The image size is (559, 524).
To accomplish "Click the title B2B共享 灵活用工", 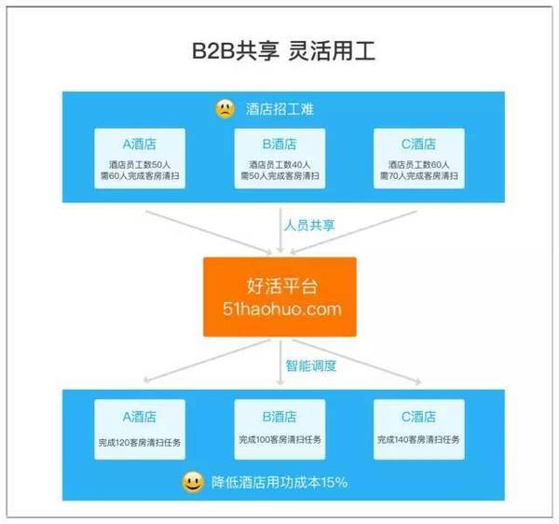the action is point(283,51).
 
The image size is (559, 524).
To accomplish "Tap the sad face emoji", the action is point(225,109).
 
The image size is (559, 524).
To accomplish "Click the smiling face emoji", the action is point(193,482).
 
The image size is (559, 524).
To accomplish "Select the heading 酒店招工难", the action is point(279,109).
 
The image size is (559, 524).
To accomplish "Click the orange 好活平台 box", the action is point(279,296).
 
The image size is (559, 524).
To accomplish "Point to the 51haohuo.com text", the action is point(282,309).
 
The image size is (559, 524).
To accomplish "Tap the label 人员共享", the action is point(309,225).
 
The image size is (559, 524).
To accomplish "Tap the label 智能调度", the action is point(311,365).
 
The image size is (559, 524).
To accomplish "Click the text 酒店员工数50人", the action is point(140,164).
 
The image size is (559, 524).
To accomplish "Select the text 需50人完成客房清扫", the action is point(279,175).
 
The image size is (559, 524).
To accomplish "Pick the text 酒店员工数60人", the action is point(419,164).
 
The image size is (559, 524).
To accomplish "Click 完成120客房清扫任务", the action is point(140,443).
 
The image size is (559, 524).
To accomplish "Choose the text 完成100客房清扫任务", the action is point(279,439).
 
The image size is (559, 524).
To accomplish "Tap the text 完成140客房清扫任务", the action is point(419,439).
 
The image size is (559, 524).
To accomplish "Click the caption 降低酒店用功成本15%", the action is point(279,483).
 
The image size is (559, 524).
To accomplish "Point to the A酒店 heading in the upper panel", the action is point(140,145).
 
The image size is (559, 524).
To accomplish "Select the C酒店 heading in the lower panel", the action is point(419,417).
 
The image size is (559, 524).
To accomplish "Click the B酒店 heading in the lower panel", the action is point(279,417).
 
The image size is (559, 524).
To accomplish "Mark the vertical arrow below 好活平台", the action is point(280,363).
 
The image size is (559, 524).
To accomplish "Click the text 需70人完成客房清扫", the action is point(419,175).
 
